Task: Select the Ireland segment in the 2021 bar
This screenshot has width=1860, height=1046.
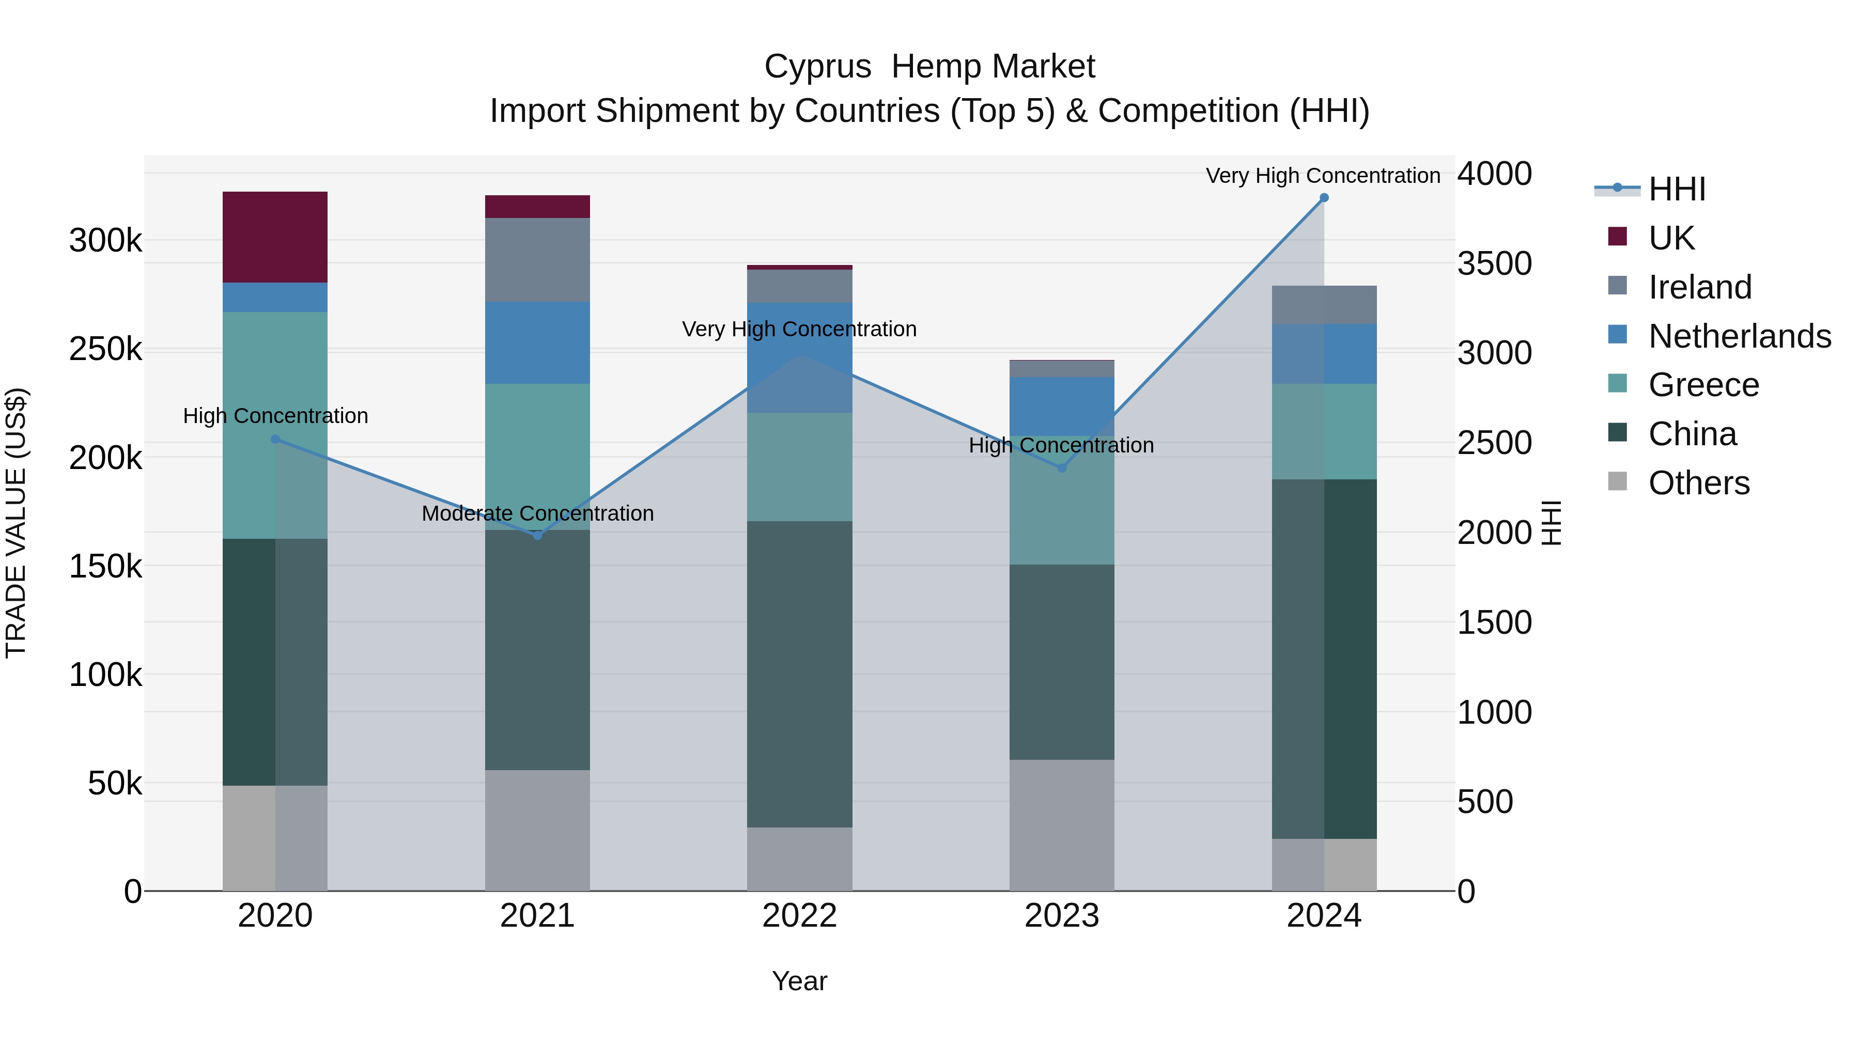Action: coord(537,259)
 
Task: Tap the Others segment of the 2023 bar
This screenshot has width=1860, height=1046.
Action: coord(1061,824)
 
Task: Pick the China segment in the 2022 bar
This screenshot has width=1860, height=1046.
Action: coord(799,674)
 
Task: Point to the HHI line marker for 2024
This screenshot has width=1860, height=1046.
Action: coord(1324,198)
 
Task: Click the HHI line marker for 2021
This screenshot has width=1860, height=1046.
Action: coord(537,535)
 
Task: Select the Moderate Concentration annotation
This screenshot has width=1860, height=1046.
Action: coord(537,513)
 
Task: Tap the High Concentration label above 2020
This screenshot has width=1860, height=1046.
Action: coord(275,416)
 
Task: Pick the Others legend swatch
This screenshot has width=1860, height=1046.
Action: coord(1617,481)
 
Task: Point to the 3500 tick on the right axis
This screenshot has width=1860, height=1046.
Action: coord(1494,263)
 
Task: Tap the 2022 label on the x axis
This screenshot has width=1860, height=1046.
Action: coord(799,916)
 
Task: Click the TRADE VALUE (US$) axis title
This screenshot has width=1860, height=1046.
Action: coord(16,523)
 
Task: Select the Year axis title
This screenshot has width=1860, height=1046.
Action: coord(799,981)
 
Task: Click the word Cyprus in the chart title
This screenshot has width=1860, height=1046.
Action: coord(817,67)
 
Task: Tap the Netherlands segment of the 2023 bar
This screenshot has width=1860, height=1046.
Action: coord(1061,405)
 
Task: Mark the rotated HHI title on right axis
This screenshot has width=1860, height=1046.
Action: coord(1552,523)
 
